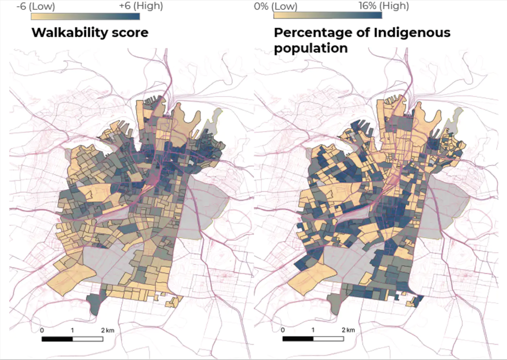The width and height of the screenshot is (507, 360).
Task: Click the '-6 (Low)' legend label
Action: click(36, 6)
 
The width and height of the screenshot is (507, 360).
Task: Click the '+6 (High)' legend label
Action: click(141, 6)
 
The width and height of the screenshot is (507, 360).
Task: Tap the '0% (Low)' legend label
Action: click(275, 6)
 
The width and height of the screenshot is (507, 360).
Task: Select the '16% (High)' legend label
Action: click(384, 6)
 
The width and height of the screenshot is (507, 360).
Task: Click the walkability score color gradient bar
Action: click(85, 17)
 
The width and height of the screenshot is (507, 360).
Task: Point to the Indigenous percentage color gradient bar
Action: click(327, 15)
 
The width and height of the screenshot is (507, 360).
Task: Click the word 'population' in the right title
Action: click(311, 48)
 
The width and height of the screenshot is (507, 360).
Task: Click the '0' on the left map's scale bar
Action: click(42, 330)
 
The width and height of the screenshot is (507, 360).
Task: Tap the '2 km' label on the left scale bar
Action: click(107, 330)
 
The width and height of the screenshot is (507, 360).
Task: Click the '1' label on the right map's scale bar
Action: click(313, 330)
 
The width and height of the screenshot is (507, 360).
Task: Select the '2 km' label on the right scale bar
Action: click(348, 330)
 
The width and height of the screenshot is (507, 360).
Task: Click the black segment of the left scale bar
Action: click(57, 339)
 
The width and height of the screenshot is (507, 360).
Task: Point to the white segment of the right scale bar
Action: click(328, 339)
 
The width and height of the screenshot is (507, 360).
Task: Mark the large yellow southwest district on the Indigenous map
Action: click(311, 276)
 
